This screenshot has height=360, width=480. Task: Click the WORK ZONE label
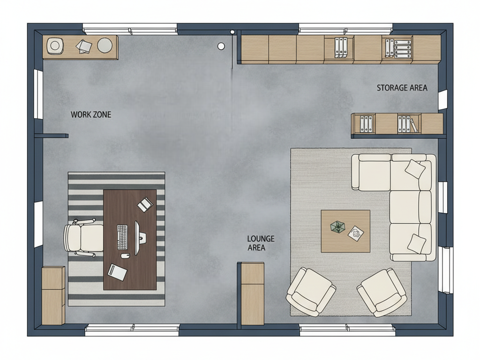pos(91,114)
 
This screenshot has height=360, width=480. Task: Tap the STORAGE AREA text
pos(402,88)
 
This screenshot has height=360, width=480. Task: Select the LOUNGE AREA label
pos(261,243)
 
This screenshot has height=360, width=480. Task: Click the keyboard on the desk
pos(122,237)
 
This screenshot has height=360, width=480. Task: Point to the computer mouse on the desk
pos(125,255)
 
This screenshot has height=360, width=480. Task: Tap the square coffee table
pos(345,231)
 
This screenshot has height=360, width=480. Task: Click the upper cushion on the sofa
pos(415,169)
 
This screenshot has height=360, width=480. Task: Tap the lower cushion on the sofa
pos(417,244)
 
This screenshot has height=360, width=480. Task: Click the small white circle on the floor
pos(221,46)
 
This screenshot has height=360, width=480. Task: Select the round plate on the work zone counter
pos(105,45)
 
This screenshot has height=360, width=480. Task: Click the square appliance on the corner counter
pos(55,46)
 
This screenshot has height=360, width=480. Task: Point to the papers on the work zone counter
pos(83,46)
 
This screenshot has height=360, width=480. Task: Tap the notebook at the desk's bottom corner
pos(117,272)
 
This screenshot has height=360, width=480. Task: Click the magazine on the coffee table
pos(356,233)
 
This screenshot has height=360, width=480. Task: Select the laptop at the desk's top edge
pos(145,204)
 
